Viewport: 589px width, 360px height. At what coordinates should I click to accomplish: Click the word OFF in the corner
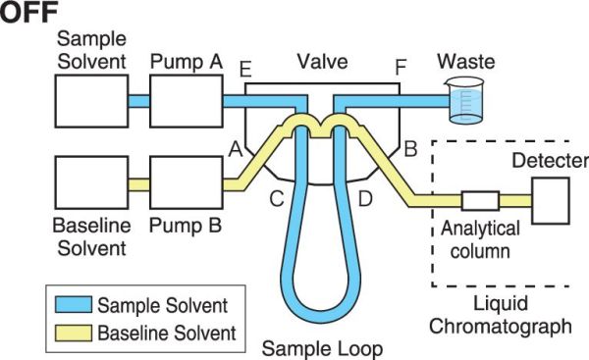(x=28, y=12)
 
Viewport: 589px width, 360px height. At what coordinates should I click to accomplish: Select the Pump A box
(x=187, y=101)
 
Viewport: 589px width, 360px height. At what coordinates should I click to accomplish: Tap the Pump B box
(x=187, y=182)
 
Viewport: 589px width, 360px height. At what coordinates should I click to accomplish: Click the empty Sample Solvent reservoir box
(x=91, y=101)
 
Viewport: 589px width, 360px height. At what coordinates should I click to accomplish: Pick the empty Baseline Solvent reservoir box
(x=91, y=182)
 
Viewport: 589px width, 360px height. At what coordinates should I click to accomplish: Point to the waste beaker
(x=465, y=101)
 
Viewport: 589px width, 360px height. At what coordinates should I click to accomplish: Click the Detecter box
(x=551, y=201)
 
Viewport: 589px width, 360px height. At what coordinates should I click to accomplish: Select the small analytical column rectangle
(x=480, y=201)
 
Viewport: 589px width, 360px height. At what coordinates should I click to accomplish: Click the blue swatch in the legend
(x=74, y=304)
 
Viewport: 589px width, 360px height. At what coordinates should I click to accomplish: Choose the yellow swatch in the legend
(x=74, y=333)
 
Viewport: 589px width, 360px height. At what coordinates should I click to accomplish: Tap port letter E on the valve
(x=245, y=70)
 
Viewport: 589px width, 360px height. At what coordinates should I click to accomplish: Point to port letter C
(x=277, y=198)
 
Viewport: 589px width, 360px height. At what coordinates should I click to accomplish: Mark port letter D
(x=365, y=198)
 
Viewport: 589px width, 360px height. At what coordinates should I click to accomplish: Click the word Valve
(x=323, y=62)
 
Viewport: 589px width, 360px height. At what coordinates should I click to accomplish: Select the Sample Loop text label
(x=322, y=349)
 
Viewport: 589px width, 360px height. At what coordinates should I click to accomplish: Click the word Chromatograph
(x=501, y=327)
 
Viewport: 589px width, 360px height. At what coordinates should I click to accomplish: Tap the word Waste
(x=465, y=62)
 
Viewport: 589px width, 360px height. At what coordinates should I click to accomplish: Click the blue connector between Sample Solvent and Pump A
(x=139, y=101)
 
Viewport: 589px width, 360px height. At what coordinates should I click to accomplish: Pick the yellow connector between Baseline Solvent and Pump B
(x=139, y=184)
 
